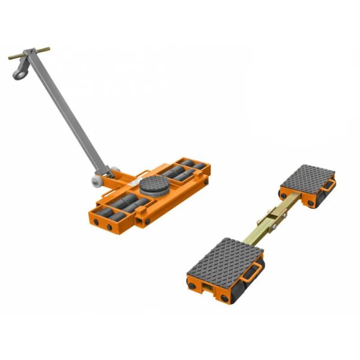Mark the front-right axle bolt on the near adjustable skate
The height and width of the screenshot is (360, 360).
(223, 299)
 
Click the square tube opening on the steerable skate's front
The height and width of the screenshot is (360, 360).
(140, 224)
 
